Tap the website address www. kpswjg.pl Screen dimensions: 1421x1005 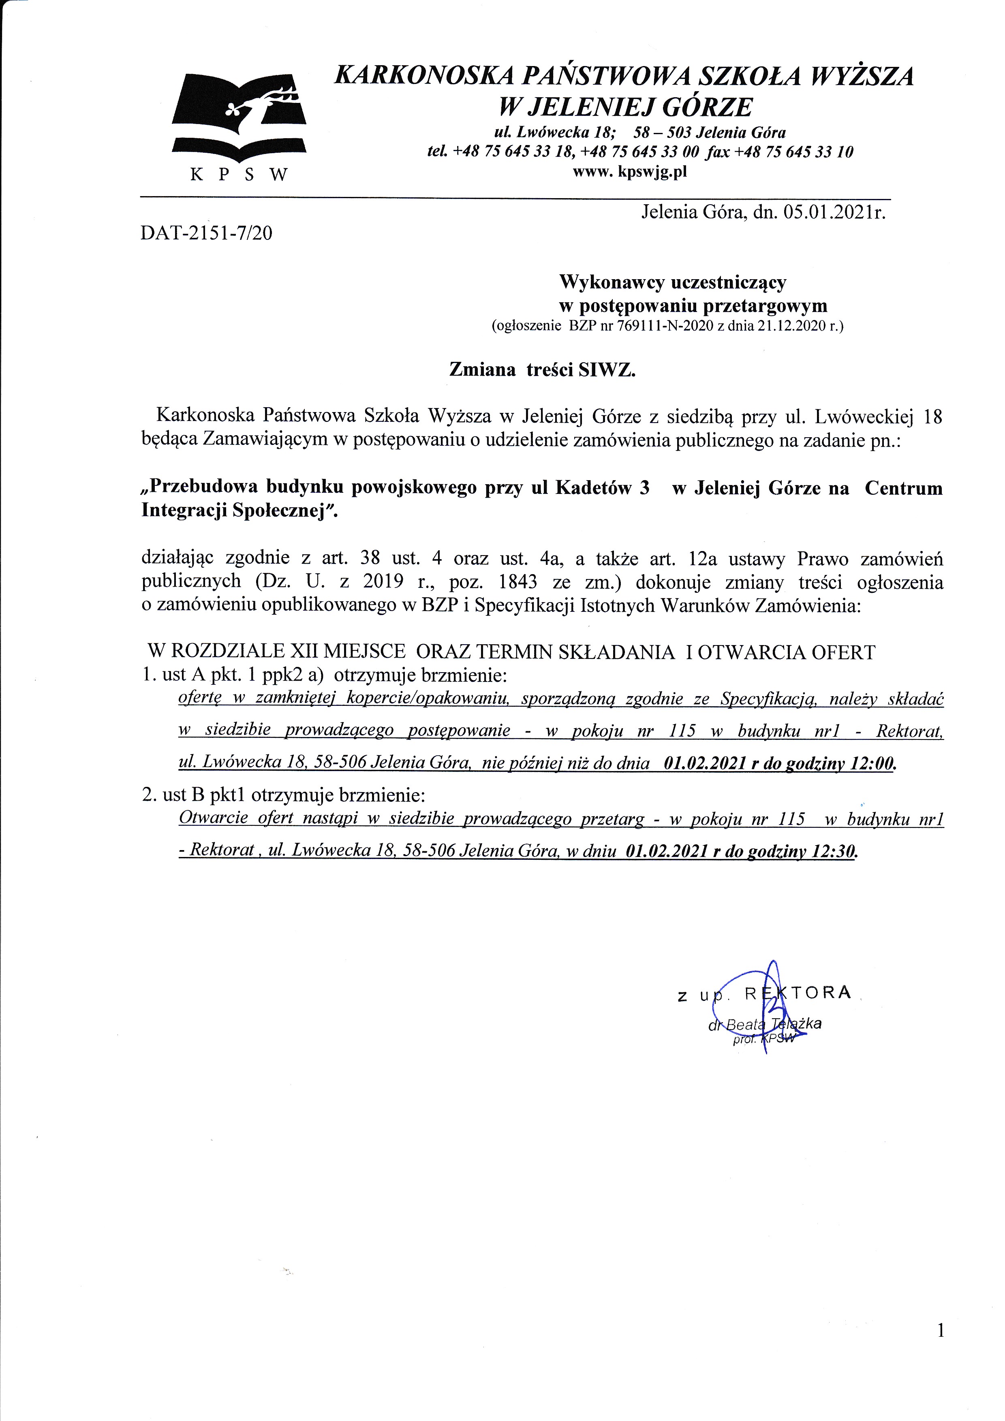630,171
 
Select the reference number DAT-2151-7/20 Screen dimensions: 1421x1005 206,233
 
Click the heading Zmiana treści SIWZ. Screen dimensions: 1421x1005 542,370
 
